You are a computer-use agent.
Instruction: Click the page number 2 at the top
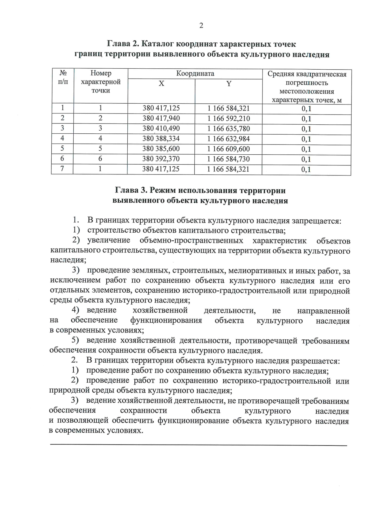click(201, 26)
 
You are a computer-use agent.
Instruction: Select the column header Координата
click(195, 74)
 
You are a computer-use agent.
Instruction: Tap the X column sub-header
click(161, 84)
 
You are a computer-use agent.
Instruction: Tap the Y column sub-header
click(229, 84)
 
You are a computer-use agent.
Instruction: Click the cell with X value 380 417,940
click(161, 118)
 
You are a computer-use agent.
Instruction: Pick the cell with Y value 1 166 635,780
click(228, 129)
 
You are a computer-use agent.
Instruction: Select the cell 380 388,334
click(161, 139)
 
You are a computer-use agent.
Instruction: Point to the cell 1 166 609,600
click(228, 149)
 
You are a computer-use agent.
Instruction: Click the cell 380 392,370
click(161, 159)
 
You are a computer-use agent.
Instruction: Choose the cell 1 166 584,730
click(228, 159)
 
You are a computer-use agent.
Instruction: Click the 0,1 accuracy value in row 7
click(306, 170)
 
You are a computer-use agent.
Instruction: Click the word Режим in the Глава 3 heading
click(162, 191)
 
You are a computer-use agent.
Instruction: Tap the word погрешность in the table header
click(307, 83)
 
